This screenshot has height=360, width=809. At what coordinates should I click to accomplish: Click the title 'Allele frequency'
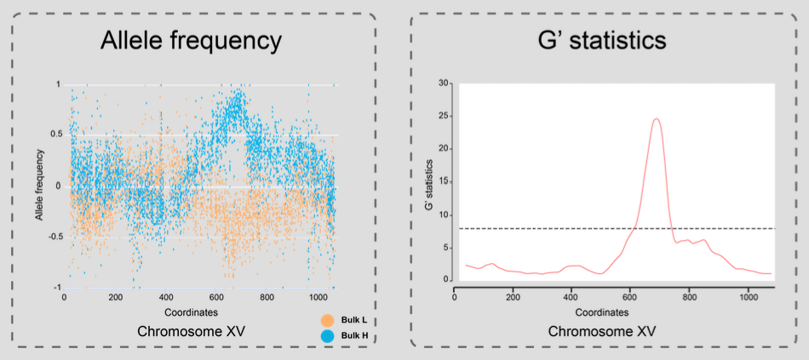tap(191, 40)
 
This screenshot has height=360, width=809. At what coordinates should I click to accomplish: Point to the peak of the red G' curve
tap(657, 119)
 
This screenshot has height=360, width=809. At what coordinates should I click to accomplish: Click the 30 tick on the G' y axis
tap(443, 83)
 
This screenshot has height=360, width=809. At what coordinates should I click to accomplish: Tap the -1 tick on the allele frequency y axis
tap(55, 287)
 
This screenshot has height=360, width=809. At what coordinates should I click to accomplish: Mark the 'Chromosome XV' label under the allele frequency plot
tap(191, 329)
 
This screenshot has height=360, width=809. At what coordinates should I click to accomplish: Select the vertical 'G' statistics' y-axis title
tap(428, 182)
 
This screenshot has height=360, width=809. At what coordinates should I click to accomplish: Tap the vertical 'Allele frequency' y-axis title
tap(39, 186)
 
